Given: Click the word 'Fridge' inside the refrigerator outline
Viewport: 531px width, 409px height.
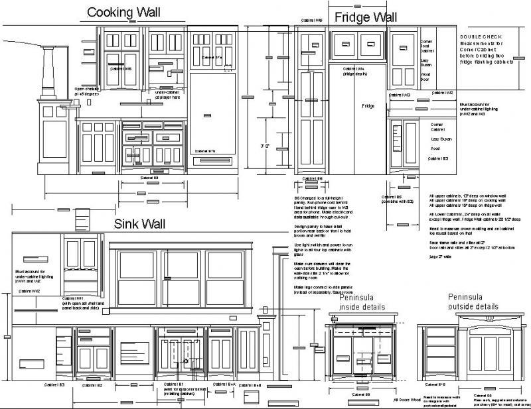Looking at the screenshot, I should click(368, 106).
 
